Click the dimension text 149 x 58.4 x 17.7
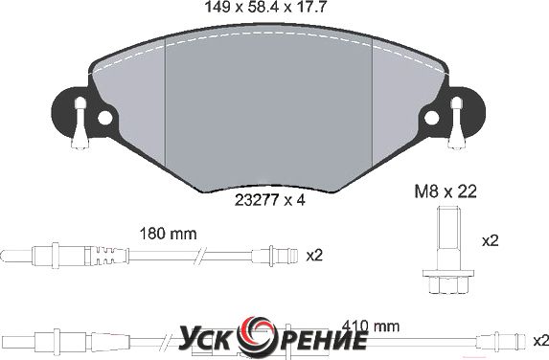tap(265, 7)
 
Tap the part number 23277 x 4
tap(270, 200)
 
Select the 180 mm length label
tap(168, 234)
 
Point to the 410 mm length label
tap(371, 326)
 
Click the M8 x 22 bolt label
tap(446, 191)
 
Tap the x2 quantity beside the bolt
tap(491, 241)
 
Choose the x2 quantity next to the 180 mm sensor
tap(314, 256)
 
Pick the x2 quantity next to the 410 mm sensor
tap(541, 340)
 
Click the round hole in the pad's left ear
tap(104, 119)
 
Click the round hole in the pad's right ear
tap(432, 118)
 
